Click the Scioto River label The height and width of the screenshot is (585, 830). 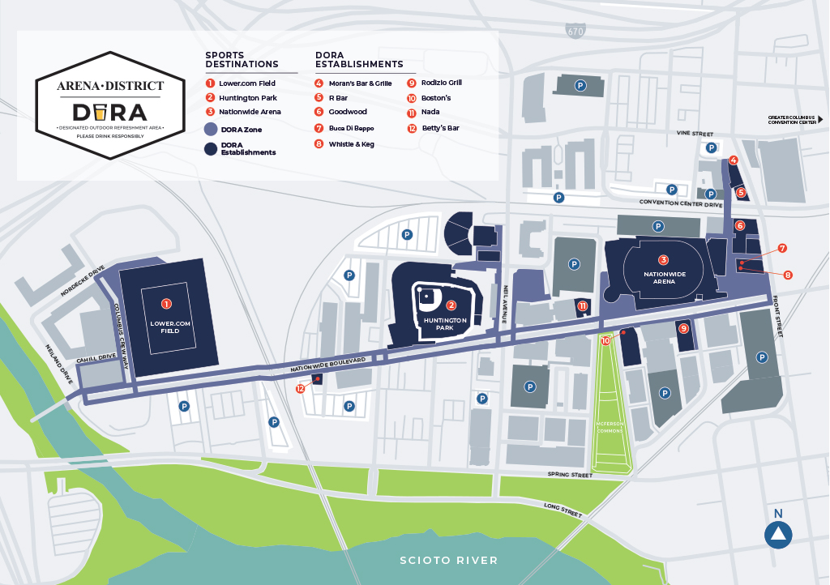(x=448, y=561)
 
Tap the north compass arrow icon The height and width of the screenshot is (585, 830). (x=779, y=534)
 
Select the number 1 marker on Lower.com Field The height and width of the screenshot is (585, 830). (x=166, y=304)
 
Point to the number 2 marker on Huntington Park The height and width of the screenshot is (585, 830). (x=451, y=305)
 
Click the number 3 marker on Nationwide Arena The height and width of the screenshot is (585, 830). (x=663, y=260)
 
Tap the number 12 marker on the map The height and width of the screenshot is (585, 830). (x=302, y=389)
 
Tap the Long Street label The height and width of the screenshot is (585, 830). (x=563, y=510)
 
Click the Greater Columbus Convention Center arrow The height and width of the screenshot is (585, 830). (x=819, y=119)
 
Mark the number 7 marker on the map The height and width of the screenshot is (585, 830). (x=782, y=248)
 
